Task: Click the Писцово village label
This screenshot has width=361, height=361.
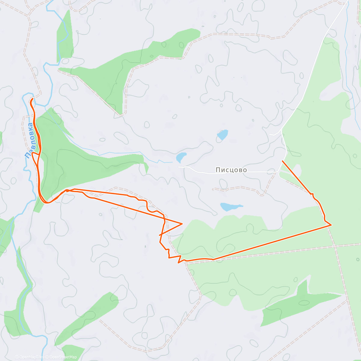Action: coord(231,170)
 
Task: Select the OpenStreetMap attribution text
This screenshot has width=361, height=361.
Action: coord(63,357)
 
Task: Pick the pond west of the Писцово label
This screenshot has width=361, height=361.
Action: coord(181,157)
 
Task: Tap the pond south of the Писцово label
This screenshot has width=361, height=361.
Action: coord(230,206)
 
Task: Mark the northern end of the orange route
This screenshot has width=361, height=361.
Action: coord(32,99)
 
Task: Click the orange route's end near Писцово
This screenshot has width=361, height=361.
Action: coord(282,161)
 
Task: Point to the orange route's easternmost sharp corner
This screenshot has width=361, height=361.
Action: coord(331,225)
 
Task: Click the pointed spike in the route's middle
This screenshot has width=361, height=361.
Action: coord(182,224)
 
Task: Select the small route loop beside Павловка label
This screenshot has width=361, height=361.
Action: coord(35,156)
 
